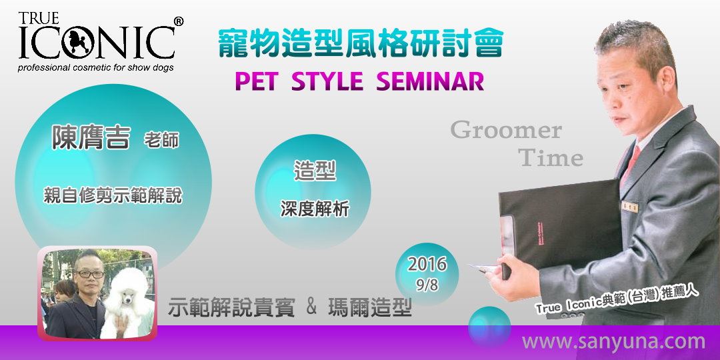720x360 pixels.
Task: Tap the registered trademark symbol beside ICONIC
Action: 178,22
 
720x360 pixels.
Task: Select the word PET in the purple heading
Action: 256,81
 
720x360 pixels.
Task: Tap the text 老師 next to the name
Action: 161,141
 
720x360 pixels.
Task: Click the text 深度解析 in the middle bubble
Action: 315,209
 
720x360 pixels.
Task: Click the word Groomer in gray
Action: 506,131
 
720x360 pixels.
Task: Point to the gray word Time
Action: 551,159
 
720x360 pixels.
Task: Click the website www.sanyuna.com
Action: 613,342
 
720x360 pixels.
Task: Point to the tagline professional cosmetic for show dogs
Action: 97,68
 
